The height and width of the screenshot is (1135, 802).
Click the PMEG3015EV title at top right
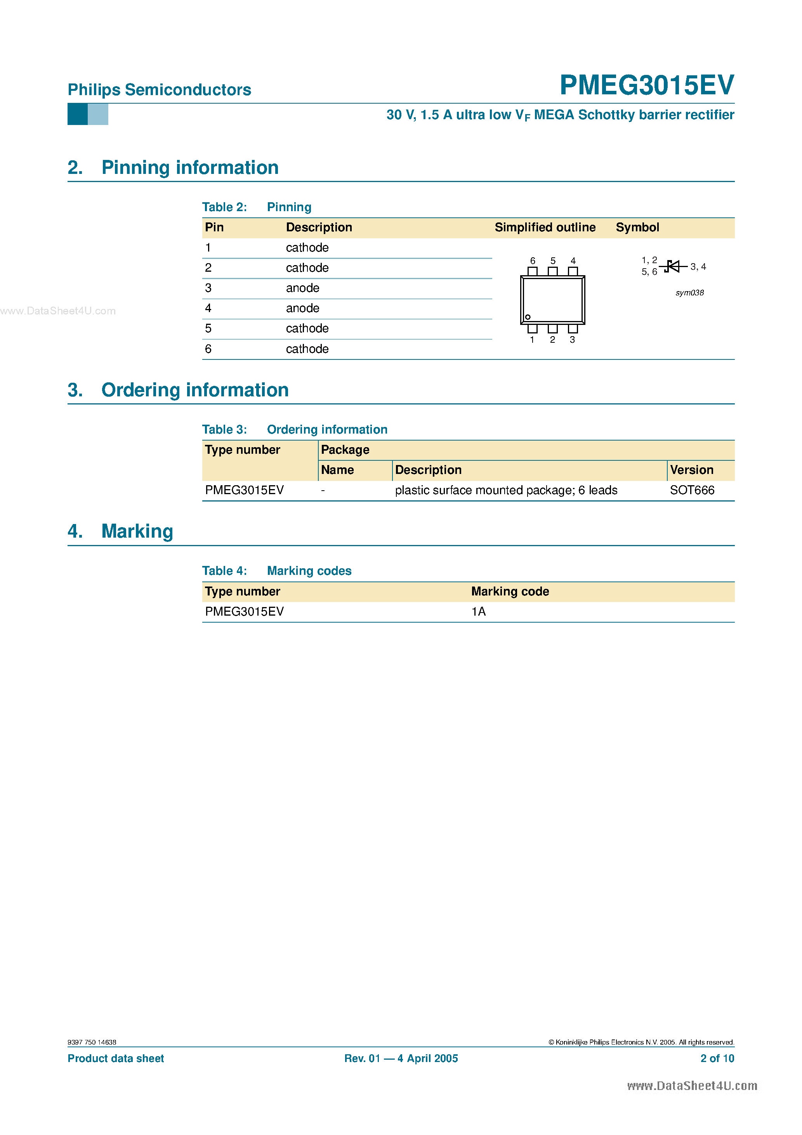pos(646,85)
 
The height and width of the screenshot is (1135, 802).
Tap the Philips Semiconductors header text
pos(159,90)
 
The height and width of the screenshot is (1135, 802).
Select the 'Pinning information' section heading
pos(190,168)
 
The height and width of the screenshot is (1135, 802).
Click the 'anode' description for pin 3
pos(302,288)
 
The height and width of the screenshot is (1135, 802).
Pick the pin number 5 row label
pos(208,328)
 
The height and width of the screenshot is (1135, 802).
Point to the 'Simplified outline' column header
pos(545,227)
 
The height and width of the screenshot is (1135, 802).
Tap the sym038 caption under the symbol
pos(689,293)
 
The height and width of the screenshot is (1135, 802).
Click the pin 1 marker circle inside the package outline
pos(528,317)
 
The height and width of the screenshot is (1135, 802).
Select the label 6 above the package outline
pos(533,260)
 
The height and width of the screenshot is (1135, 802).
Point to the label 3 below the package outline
pos(572,340)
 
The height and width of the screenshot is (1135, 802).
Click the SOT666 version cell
pos(692,490)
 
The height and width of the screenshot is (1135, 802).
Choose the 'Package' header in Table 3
pos(345,450)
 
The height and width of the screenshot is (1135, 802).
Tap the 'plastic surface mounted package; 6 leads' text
pos(506,490)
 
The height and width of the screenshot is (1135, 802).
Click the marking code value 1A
pos(478,611)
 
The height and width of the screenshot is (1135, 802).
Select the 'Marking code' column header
pos(510,591)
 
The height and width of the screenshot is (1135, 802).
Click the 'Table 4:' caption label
pos(224,571)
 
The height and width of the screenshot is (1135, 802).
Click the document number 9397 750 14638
pos(92,1042)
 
